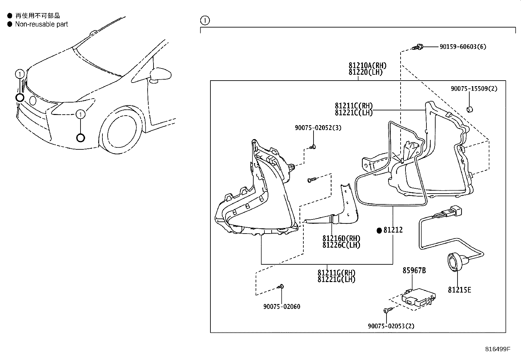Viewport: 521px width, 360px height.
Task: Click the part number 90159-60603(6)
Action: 463,47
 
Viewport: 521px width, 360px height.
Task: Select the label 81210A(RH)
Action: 368,66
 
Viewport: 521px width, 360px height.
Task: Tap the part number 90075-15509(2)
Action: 474,88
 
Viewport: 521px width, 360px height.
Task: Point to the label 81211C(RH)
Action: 354,106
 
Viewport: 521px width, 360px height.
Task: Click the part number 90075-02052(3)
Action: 318,128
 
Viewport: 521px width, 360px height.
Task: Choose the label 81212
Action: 393,230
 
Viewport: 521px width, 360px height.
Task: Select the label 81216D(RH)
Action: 341,238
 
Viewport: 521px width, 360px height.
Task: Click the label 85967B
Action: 414,270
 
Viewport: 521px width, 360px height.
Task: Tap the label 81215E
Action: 459,290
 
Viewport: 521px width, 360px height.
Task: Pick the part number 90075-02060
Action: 282,307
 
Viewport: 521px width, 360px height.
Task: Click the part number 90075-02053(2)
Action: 391,326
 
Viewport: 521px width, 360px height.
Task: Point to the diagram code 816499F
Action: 498,349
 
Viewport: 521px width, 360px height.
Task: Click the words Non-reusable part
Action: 42,24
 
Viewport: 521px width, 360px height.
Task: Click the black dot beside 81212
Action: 379,231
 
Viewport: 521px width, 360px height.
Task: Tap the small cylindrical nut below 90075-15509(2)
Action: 470,109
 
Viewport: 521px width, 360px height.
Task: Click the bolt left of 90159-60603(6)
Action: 418,47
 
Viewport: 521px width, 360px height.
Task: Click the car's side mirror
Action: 160,74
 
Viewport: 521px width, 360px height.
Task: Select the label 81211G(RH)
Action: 336,273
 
